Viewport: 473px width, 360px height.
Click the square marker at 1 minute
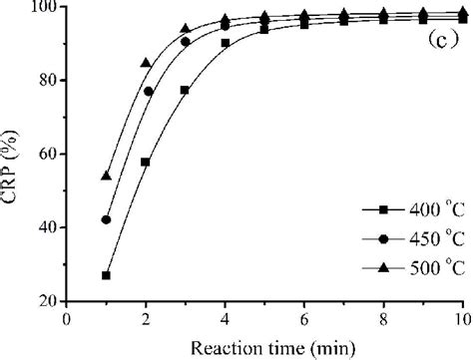[x=107, y=275]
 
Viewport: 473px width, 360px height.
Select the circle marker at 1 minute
[x=107, y=219]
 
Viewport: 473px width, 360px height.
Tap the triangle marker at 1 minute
[x=107, y=177]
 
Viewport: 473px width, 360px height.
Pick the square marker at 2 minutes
[x=146, y=162]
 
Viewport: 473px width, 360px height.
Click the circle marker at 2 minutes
[x=149, y=92]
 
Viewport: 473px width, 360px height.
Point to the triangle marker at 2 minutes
[x=146, y=63]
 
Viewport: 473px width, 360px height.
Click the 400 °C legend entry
[x=410, y=211]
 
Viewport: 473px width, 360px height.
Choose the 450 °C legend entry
[x=410, y=238]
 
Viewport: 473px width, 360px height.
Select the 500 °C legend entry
[x=410, y=264]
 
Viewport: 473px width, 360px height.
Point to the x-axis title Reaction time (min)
[x=265, y=345]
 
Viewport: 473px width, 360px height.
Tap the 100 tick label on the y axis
[x=44, y=8]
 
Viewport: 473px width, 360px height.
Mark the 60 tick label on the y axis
[x=48, y=155]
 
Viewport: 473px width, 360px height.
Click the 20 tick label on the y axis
[x=48, y=301]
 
